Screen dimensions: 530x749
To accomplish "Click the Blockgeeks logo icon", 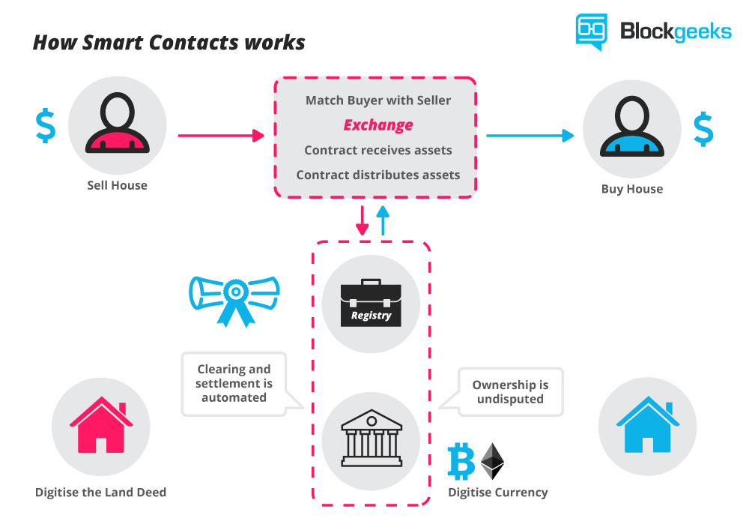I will point(591,31).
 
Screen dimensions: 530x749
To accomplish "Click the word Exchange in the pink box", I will point(377,124).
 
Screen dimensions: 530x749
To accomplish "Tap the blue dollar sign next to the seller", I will point(46,127).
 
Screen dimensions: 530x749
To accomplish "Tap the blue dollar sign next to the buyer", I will point(703,129).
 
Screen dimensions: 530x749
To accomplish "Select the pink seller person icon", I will point(117,126).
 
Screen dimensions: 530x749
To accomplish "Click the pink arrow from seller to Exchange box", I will point(221,136).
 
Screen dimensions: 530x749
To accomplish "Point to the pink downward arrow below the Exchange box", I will point(363,220).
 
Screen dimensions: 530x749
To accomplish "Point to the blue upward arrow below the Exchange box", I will point(383,220).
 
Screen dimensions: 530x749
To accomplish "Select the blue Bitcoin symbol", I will point(461,461).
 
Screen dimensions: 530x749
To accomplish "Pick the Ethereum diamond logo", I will point(492,461).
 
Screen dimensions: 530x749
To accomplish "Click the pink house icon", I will point(100,426).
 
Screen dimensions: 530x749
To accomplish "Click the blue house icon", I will point(647,426).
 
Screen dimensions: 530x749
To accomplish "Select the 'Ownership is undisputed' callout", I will point(509,391).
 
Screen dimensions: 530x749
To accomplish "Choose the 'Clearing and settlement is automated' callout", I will point(234,383).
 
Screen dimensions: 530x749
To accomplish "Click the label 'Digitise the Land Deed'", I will point(100,493).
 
